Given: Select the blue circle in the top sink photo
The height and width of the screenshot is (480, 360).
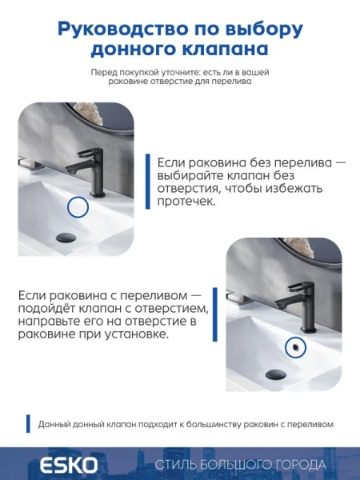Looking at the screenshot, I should tap(77, 208).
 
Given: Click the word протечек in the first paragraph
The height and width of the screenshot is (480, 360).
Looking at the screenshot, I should tap(186, 202).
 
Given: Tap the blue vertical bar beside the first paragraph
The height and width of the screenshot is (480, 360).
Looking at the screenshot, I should tap(147, 182).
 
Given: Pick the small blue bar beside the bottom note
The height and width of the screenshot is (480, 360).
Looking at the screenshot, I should tap(28, 424).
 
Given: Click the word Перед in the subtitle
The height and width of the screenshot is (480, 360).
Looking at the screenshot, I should tap(105, 72).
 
